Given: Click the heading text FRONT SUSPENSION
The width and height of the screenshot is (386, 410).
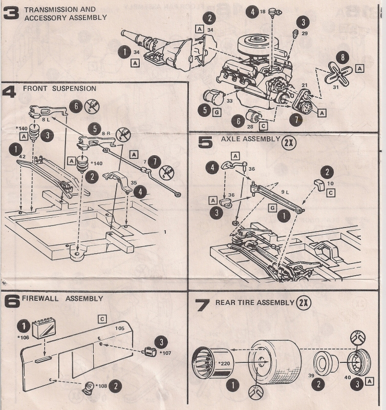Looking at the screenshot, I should (x=59, y=88).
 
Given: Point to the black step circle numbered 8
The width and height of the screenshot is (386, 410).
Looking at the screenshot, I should (x=343, y=58).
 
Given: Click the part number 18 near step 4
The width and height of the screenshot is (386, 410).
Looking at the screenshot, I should (x=263, y=11).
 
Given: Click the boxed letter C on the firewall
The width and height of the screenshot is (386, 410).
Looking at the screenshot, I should (x=102, y=319).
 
